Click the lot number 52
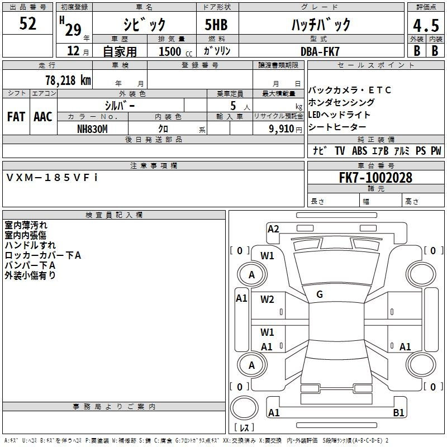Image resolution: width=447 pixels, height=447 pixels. pos(27,23)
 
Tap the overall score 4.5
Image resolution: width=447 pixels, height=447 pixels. pos(426,25)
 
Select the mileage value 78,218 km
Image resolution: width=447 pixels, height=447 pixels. pos(68,80)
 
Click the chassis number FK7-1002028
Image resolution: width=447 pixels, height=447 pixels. pos(375,177)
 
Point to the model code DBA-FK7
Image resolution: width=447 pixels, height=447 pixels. pos(320,51)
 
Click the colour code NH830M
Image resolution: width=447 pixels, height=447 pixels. pos(92,129)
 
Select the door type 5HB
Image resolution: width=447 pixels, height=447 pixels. pos(216,25)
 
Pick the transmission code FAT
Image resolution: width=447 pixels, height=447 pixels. pos(16,117)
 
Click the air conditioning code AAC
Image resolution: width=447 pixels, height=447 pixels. pos(43,117)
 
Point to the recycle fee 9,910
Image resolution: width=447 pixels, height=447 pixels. pos(282,129)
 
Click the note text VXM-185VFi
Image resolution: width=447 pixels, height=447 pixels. pos(52,178)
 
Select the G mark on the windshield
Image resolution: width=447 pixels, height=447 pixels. pos(320,294)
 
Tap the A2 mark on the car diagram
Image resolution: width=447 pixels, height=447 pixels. pos(273,229)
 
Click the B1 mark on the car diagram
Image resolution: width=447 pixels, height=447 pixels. pos(398,412)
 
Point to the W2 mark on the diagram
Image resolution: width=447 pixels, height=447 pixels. pos(267,299)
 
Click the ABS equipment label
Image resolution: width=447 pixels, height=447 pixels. pos(359,151)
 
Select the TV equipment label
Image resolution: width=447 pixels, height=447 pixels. pos(340,151)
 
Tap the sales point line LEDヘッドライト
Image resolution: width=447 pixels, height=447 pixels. pos(339,115)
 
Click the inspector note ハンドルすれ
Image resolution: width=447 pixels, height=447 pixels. pos(30,245)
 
